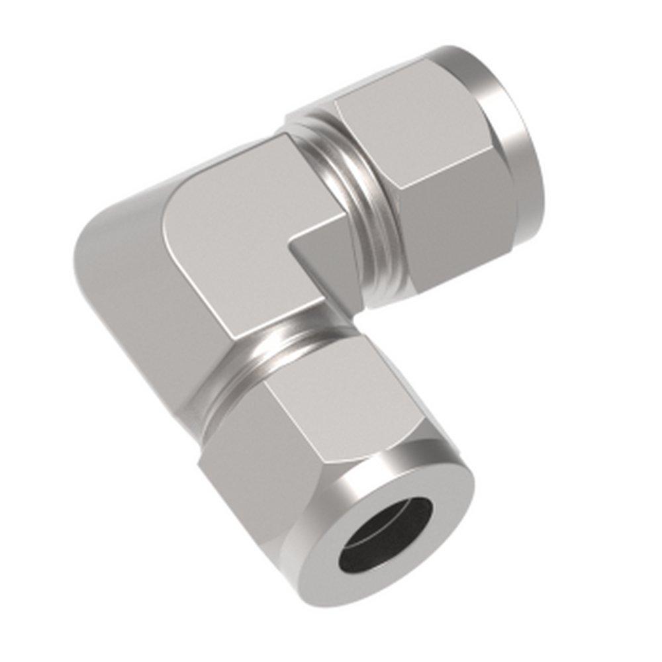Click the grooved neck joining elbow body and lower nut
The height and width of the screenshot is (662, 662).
pyautogui.click(x=278, y=351)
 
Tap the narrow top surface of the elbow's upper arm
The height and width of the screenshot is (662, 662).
pyautogui.click(x=225, y=162)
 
